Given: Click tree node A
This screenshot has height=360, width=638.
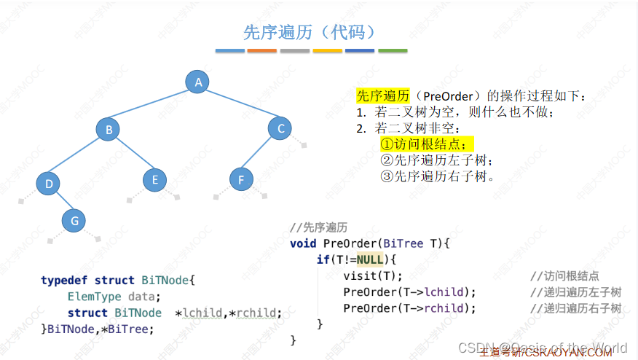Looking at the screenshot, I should pyautogui.click(x=198, y=82).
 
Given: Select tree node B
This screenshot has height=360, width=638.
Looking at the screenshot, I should pyautogui.click(x=108, y=130).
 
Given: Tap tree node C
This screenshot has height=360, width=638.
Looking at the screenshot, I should pyautogui.click(x=280, y=129).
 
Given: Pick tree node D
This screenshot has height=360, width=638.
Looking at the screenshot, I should pyautogui.click(x=49, y=183).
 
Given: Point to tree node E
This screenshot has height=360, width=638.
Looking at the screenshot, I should pyautogui.click(x=154, y=179).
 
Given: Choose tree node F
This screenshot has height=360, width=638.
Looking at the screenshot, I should pyautogui.click(x=241, y=179).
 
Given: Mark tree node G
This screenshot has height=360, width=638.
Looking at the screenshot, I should pyautogui.click(x=74, y=220).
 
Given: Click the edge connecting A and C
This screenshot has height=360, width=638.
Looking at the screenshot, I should pyautogui.click(x=240, y=106).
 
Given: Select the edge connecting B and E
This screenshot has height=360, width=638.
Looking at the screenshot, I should pyautogui.click(x=132, y=155).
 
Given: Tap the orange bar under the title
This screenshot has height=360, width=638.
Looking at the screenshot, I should pyautogui.click(x=262, y=51).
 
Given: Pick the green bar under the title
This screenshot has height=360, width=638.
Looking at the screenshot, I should pyautogui.click(x=393, y=51).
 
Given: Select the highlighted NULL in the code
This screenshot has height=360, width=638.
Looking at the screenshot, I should pyautogui.click(x=370, y=259).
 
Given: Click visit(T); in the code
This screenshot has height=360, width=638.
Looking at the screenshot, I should pyautogui.click(x=373, y=275).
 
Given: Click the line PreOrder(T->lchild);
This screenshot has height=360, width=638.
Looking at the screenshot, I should pyautogui.click(x=409, y=292).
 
